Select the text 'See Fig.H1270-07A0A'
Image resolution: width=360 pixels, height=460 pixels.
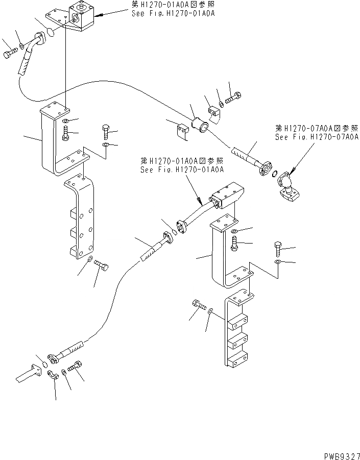(x=316, y=137)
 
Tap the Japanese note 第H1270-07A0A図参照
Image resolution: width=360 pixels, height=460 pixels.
(x=316, y=129)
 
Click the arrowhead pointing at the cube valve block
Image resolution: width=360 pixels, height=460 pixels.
(x=100, y=16)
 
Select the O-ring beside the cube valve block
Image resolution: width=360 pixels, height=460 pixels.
(x=50, y=33)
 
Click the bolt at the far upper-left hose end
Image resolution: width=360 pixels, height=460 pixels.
(x=9, y=53)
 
